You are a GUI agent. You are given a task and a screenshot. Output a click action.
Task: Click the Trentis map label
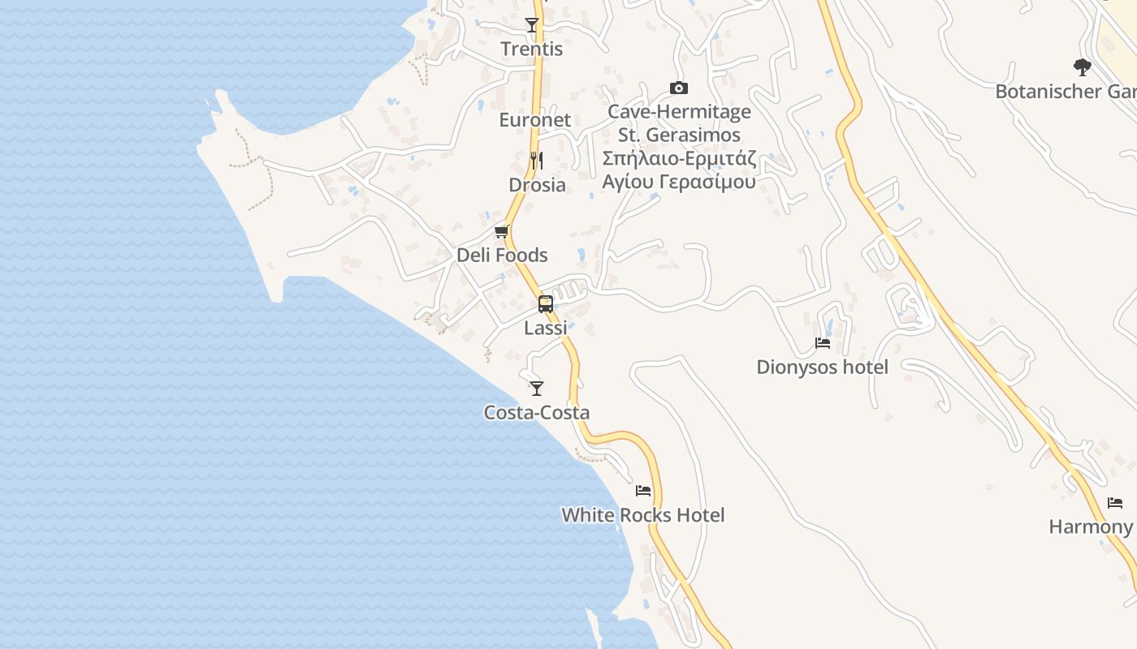(x=531, y=49)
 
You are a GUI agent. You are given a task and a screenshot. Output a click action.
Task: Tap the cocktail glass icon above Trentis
(x=532, y=25)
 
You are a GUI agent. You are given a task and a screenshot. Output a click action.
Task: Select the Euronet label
(x=534, y=120)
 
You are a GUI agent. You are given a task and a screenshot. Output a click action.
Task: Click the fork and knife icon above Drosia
(x=536, y=160)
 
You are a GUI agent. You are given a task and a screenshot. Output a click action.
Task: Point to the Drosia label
(x=537, y=185)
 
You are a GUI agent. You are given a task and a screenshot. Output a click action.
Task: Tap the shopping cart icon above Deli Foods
(x=502, y=232)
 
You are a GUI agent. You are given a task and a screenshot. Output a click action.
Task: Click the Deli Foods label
(x=502, y=256)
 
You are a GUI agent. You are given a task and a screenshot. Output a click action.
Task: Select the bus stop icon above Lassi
(x=546, y=304)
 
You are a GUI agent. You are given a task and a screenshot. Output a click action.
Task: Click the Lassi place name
(x=546, y=328)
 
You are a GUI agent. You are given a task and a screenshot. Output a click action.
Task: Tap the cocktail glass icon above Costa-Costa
(x=536, y=388)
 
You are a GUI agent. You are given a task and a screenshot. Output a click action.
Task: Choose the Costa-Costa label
(x=536, y=413)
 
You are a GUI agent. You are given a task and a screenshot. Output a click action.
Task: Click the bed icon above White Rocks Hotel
(x=643, y=491)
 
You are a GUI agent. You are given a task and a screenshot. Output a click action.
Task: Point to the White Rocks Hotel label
(x=643, y=515)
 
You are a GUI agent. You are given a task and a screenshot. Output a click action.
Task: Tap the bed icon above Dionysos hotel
(x=823, y=343)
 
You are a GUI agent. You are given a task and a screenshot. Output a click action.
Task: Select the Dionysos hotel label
(x=822, y=367)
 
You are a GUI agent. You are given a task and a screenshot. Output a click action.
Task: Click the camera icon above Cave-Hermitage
(x=679, y=88)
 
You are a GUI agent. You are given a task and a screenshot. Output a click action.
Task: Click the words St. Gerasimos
(x=679, y=135)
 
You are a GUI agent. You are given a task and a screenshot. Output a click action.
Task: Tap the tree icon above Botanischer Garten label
(x=1082, y=67)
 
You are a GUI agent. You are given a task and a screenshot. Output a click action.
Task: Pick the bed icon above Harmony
(x=1115, y=503)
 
